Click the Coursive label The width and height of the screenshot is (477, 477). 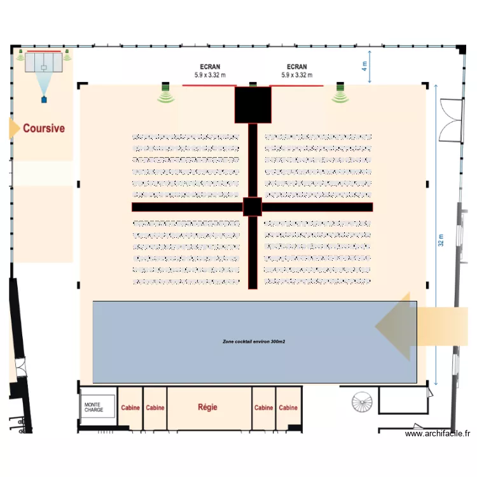[44, 128]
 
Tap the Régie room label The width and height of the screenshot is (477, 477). [209, 407]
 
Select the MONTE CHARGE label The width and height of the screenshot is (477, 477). [93, 407]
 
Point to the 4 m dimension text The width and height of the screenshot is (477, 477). [364, 65]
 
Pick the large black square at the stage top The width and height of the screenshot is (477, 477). [253, 104]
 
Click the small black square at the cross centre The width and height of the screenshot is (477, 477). [252, 207]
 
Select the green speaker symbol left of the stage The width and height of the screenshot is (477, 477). [167, 94]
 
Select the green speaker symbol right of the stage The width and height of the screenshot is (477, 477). [340, 94]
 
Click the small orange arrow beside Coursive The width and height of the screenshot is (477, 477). [13, 128]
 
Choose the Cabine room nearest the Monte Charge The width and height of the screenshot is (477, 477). [130, 408]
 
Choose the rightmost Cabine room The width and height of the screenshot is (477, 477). [288, 408]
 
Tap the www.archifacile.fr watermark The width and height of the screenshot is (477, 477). [438, 434]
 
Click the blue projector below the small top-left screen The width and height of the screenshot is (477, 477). [44, 99]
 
